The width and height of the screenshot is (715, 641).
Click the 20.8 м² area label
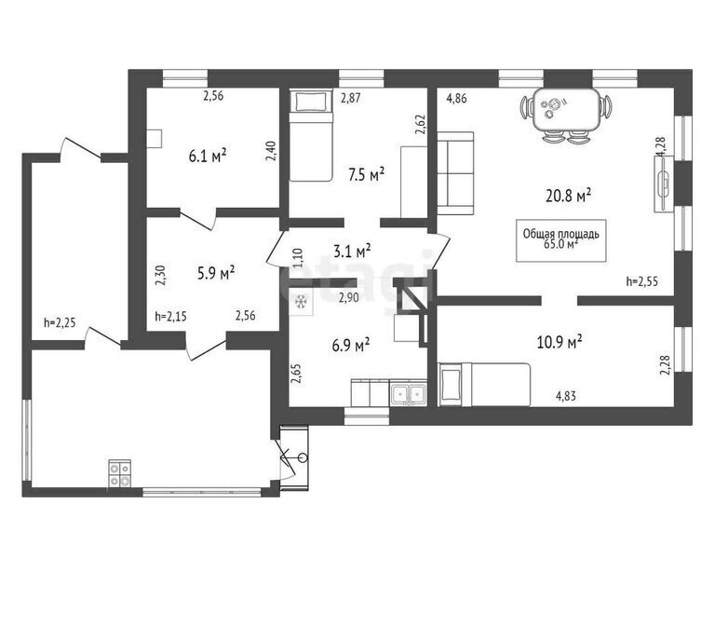click(568, 196)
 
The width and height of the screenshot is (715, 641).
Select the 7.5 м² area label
click(366, 175)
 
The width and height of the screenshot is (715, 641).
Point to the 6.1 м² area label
click(208, 157)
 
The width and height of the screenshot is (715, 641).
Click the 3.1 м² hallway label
click(352, 251)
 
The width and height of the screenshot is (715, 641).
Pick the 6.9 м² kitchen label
click(351, 345)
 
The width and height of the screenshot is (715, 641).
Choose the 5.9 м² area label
click(216, 274)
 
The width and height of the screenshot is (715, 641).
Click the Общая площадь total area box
click(560, 240)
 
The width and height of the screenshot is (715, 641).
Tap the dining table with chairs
click(566, 115)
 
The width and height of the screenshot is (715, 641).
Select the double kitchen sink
click(409, 395)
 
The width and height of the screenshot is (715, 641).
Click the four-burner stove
click(119, 474)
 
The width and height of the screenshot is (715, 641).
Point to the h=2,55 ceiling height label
click(641, 282)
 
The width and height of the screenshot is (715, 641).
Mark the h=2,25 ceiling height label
click(60, 322)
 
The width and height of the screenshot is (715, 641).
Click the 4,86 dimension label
click(456, 98)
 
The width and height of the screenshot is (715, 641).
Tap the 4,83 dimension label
click(565, 396)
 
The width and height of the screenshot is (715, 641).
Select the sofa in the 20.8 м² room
click(455, 173)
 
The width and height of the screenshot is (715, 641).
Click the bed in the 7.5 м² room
click(311, 135)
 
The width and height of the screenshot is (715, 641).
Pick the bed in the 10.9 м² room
click(484, 384)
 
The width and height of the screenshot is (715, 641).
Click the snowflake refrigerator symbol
click(301, 302)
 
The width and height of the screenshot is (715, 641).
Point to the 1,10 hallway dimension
click(297, 258)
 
